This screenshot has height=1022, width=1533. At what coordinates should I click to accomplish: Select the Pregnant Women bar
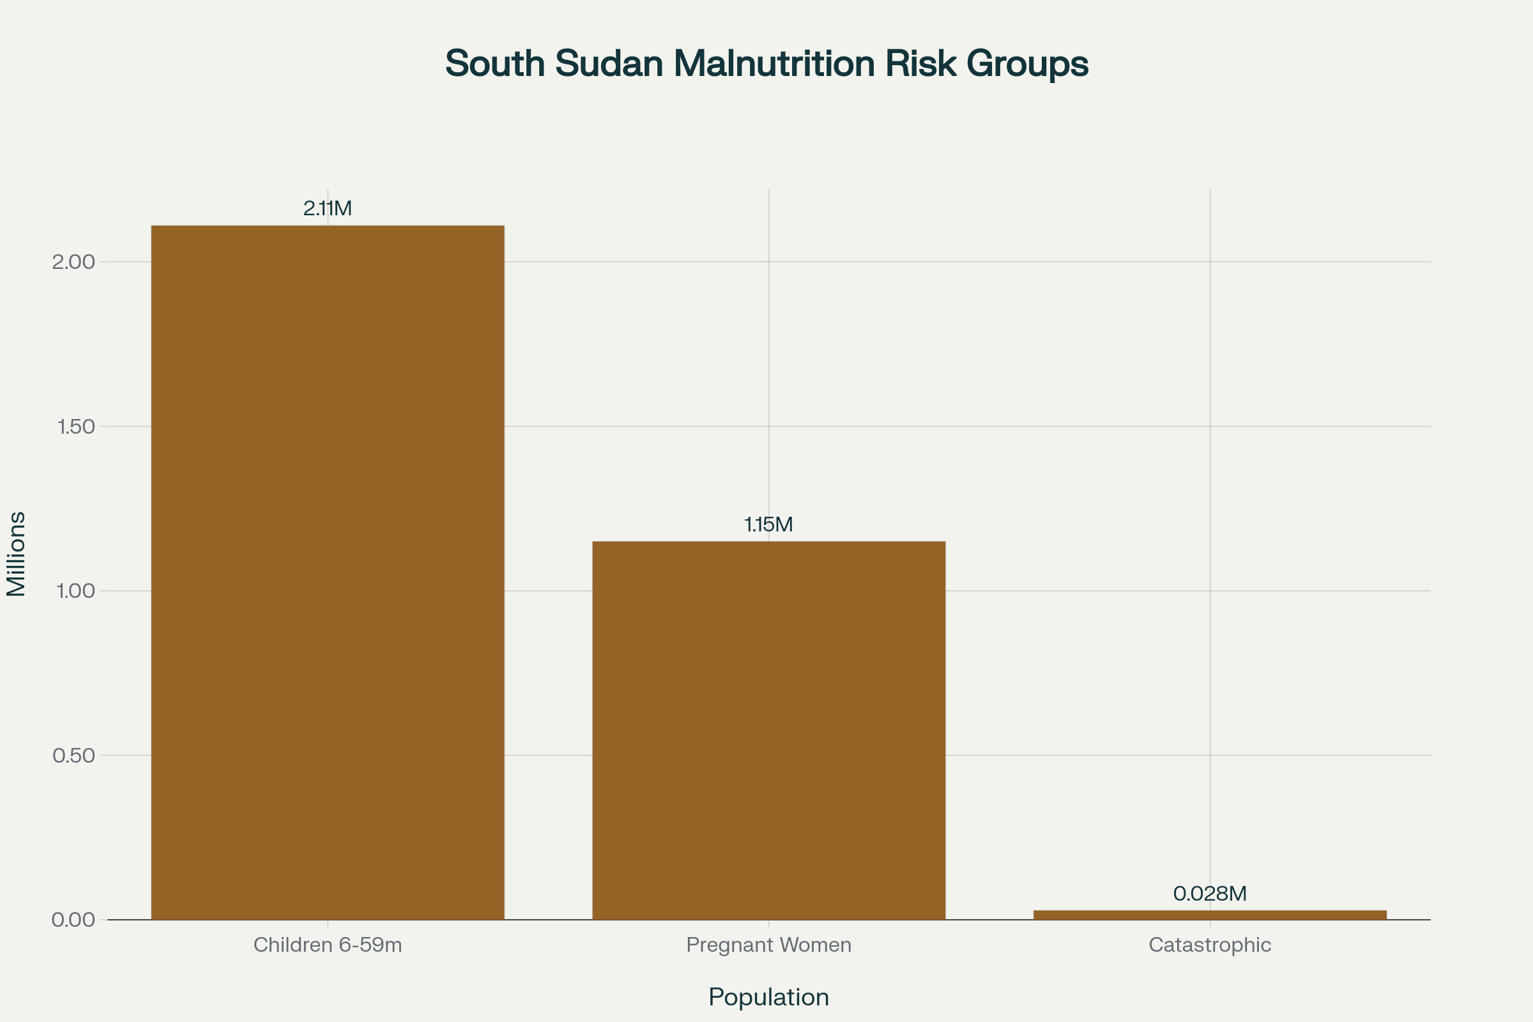pos(768,730)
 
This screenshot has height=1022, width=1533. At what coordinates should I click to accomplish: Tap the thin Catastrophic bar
pos(1210,915)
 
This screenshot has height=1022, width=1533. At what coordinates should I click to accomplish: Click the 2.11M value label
pos(327,209)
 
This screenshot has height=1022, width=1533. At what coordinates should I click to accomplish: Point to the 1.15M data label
pos(768,524)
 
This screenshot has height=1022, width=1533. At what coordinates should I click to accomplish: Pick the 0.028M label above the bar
pos(1210,894)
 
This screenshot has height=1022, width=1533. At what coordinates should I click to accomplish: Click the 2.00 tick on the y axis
pos(73,262)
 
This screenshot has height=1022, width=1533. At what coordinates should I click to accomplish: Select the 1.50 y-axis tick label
pos(75,427)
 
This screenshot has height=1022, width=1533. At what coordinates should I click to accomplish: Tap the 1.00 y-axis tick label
pos(75,591)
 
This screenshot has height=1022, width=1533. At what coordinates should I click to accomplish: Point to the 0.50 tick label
pos(73,756)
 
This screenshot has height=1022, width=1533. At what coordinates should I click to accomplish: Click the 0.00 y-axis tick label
pos(73,920)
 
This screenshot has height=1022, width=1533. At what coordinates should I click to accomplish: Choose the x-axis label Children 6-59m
pos(327,945)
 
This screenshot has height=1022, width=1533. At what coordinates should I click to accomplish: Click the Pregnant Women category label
pos(768,945)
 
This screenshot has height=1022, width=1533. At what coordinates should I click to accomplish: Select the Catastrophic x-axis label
pos(1210,945)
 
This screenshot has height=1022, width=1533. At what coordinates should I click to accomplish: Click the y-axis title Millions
pos(15,554)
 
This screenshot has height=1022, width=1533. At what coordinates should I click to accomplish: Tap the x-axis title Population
pos(768,997)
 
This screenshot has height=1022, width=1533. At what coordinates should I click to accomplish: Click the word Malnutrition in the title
pos(774,63)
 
